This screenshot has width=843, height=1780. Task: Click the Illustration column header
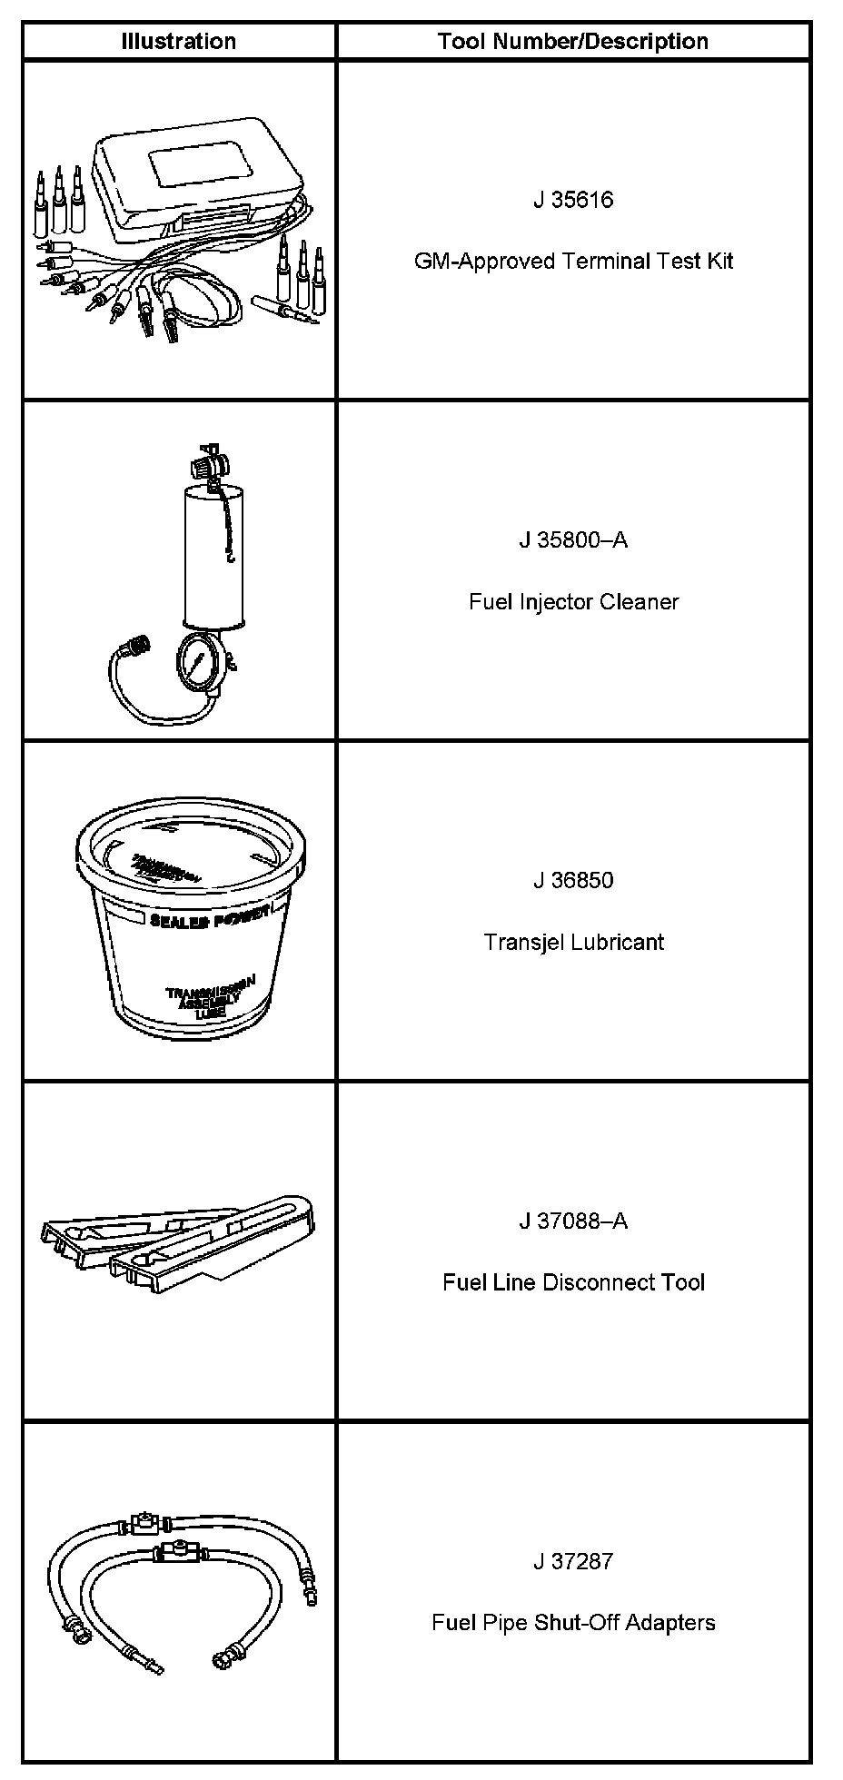[179, 42]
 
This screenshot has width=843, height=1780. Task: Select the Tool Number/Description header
[572, 42]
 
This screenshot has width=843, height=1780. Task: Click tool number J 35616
[573, 200]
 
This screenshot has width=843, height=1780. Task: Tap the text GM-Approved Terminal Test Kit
[573, 262]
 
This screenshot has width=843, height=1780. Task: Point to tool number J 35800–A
[573, 540]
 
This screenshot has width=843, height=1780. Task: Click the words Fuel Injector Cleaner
[573, 602]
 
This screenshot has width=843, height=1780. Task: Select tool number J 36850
[573, 881]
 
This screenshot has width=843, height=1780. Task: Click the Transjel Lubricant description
[573, 942]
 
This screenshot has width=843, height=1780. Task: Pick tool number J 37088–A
[573, 1221]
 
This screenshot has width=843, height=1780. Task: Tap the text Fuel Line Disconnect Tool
[573, 1282]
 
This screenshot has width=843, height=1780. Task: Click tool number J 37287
[573, 1562]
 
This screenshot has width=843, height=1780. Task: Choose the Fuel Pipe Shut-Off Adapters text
[573, 1623]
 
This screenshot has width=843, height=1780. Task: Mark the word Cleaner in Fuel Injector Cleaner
[642, 602]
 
